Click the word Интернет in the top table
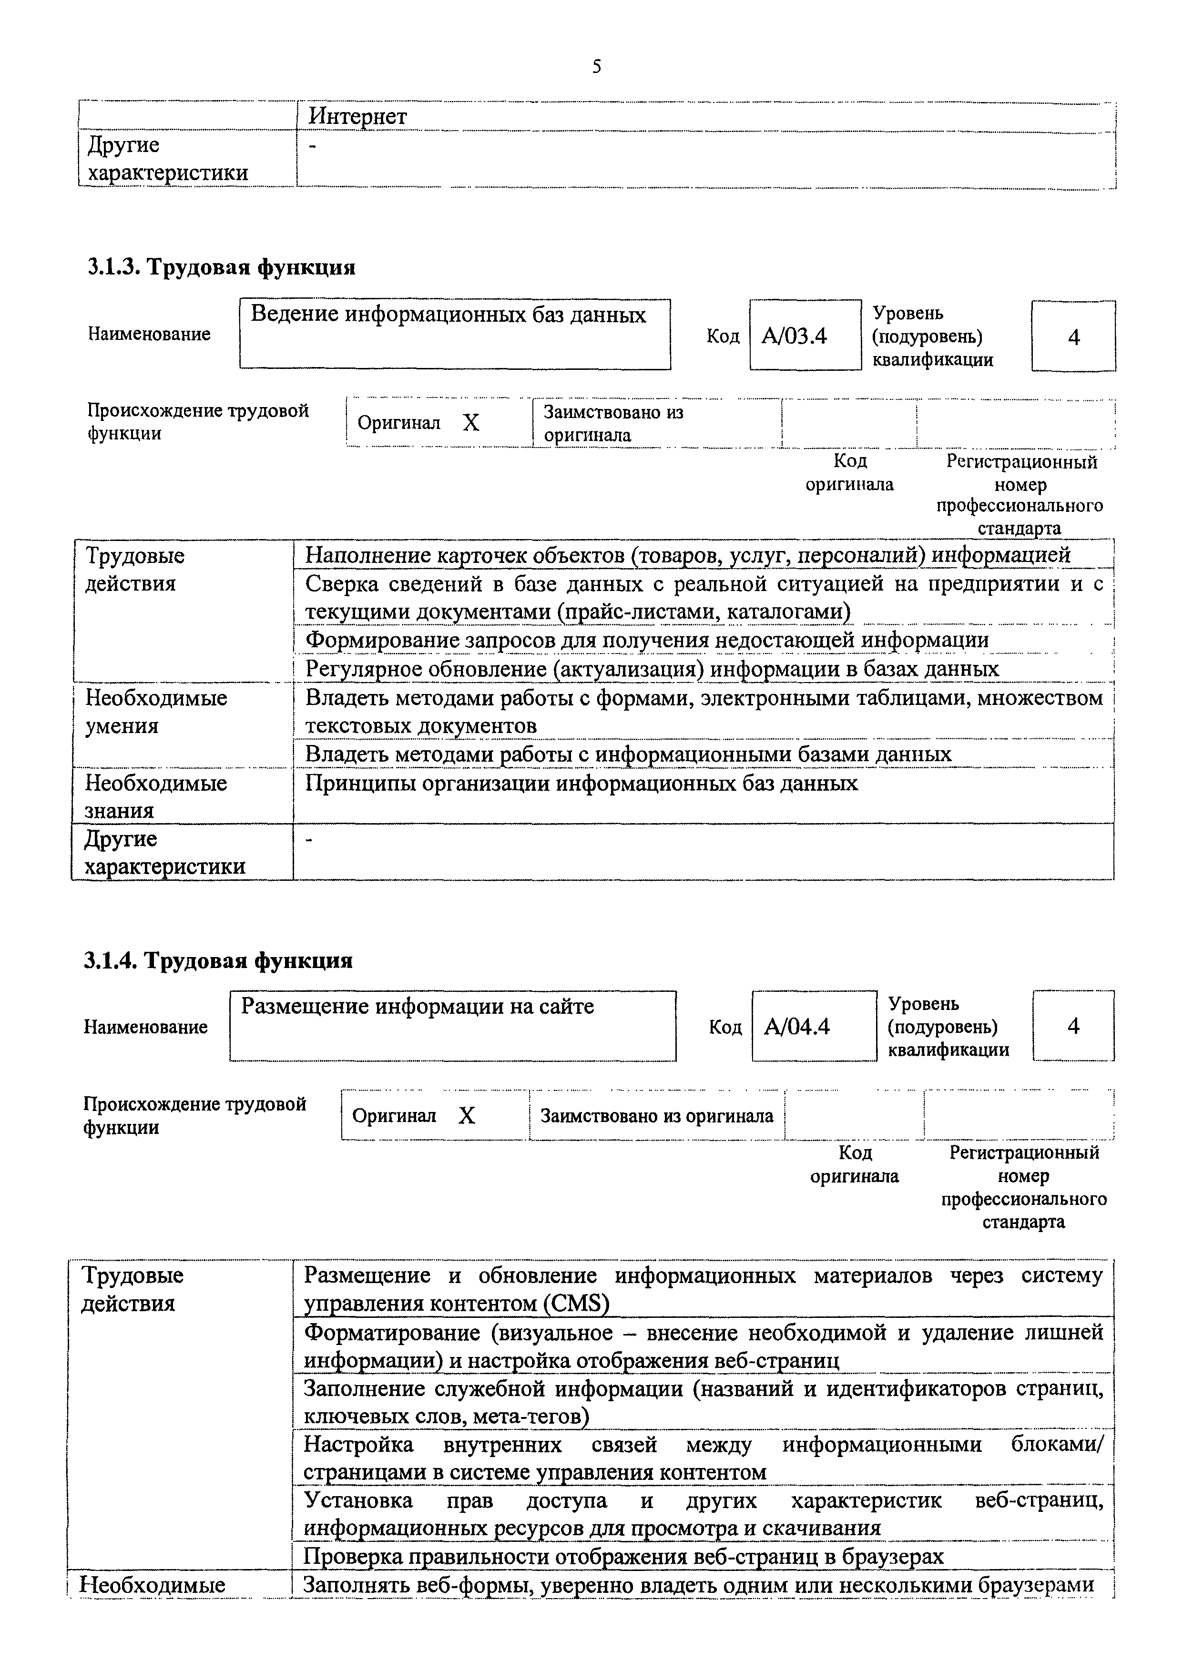pyautogui.click(x=357, y=116)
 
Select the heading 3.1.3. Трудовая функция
pyautogui.click(x=222, y=267)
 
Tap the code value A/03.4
pyautogui.click(x=794, y=336)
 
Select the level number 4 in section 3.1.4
pyautogui.click(x=1073, y=1026)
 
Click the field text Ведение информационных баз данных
pyautogui.click(x=448, y=315)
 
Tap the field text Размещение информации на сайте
pyautogui.click(x=418, y=1007)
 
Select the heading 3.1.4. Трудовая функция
pyautogui.click(x=218, y=960)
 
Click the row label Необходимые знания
pyautogui.click(x=156, y=796)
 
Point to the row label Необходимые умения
pyautogui.click(x=156, y=712)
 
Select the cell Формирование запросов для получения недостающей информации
pyautogui.click(x=646, y=640)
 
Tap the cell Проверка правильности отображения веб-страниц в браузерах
pyautogui.click(x=623, y=1556)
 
